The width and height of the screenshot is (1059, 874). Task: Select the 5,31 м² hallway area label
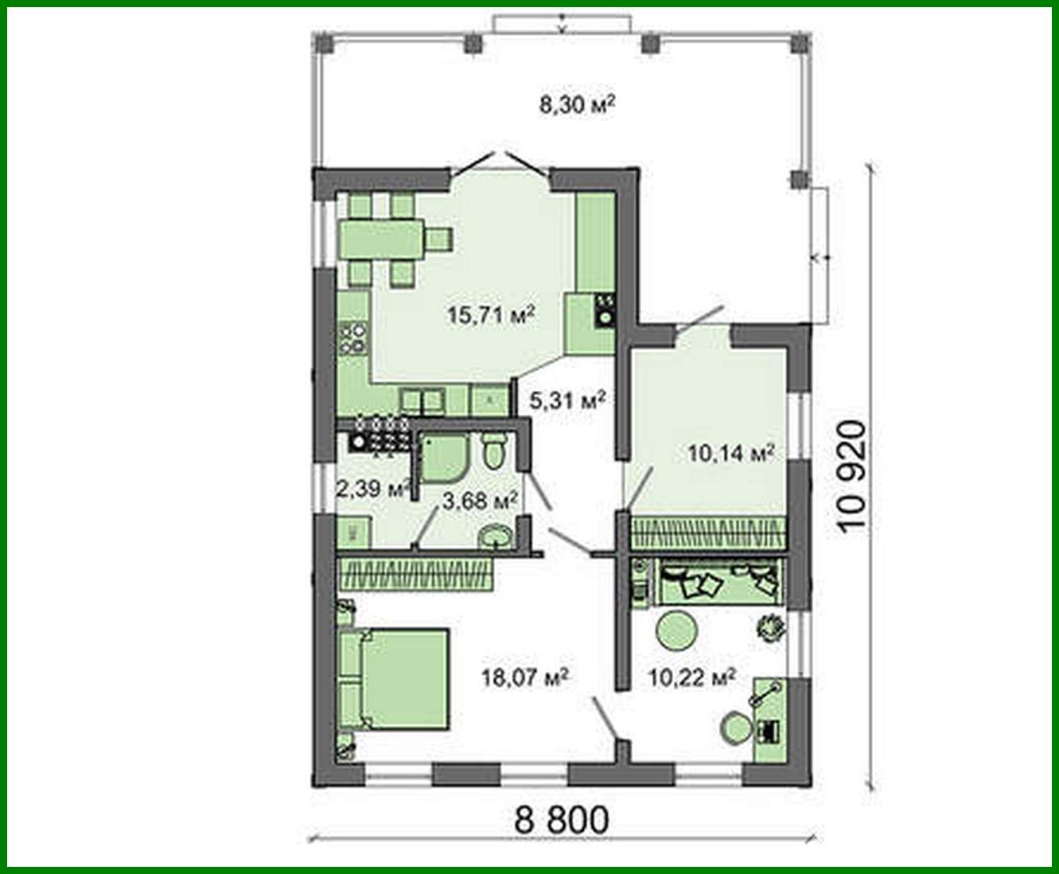(x=567, y=400)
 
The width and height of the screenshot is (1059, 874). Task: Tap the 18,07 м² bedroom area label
(x=524, y=677)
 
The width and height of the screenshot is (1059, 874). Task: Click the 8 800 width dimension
(x=561, y=819)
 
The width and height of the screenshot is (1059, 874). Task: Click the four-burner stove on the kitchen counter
(x=353, y=338)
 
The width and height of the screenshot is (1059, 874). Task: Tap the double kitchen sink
(x=422, y=400)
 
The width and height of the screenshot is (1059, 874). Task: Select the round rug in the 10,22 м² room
(x=676, y=630)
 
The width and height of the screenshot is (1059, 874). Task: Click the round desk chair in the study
(x=736, y=727)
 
